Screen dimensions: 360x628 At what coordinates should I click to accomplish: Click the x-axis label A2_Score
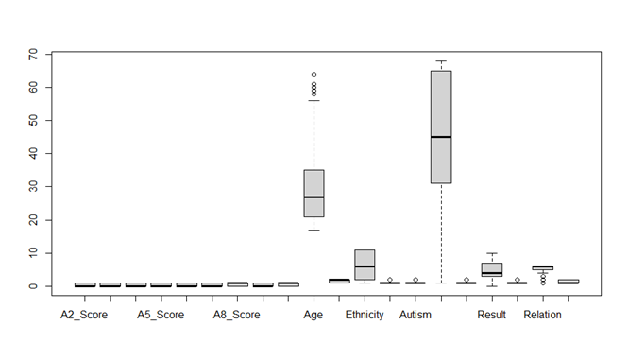coord(84,315)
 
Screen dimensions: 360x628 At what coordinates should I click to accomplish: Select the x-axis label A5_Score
coord(161,315)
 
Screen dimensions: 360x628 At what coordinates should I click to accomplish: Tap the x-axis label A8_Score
coord(236,315)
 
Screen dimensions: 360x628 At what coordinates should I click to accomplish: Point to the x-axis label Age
coord(314,315)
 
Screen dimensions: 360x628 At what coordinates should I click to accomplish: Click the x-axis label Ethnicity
coord(365,315)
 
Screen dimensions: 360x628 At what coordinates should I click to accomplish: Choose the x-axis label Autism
coord(416,315)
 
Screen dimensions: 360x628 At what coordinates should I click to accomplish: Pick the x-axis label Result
coord(492,315)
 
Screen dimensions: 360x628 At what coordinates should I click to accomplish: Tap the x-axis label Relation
coord(542,315)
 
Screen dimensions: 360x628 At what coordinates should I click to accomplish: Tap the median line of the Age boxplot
coord(314,197)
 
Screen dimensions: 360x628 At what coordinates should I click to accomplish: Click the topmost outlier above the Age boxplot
coord(314,74)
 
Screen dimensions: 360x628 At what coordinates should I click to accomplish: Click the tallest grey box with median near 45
coord(441,104)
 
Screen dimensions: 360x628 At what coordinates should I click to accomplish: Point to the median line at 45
coord(441,137)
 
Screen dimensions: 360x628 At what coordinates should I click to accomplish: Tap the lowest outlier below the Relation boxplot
coord(543,283)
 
